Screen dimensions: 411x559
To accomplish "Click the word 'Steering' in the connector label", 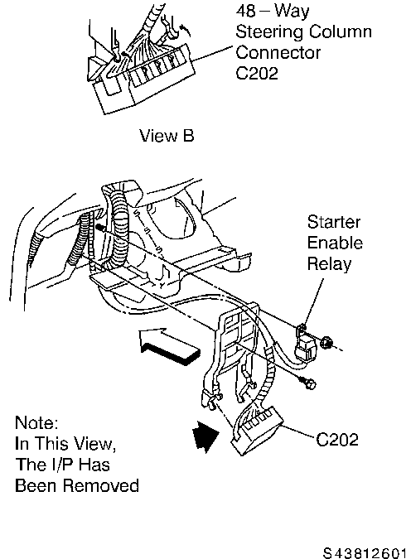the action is click(x=269, y=31).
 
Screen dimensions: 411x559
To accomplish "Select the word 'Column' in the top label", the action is click(x=341, y=31).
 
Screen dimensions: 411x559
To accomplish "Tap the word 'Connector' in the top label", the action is click(x=278, y=53).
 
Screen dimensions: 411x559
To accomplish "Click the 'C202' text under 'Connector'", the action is click(x=257, y=74).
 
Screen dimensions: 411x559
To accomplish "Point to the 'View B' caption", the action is click(x=167, y=136).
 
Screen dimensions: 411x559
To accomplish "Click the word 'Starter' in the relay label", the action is click(x=334, y=222).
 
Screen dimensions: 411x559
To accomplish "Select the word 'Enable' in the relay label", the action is click(x=335, y=243).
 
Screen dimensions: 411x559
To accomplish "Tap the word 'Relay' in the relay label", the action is click(x=329, y=264).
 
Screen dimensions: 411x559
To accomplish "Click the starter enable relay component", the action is click(x=307, y=345).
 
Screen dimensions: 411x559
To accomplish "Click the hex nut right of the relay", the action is click(x=326, y=343).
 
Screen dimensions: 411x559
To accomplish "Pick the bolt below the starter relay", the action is click(x=308, y=383).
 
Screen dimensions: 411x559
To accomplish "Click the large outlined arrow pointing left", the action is click(x=169, y=346).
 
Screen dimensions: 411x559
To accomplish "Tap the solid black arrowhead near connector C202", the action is click(x=205, y=436).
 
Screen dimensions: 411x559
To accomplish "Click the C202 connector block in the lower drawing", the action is click(x=256, y=431).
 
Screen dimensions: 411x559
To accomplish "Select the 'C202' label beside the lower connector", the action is click(x=337, y=440).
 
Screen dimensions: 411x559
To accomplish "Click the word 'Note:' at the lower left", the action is click(x=36, y=423).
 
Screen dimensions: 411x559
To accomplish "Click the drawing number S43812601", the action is click(x=365, y=553).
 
